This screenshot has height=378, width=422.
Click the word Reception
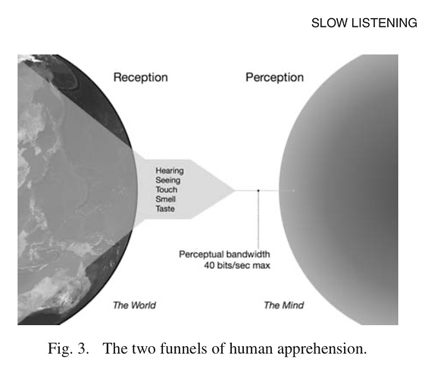140,77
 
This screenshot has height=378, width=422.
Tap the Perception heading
274,77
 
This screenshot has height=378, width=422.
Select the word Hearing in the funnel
170,171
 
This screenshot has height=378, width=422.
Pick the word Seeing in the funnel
168,180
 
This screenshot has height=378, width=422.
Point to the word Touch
167,189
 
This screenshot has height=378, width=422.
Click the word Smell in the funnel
165,199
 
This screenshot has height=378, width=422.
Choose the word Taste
165,208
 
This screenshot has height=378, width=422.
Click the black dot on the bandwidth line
258,190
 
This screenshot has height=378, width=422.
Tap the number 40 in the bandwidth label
209,266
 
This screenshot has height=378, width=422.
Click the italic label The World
134,305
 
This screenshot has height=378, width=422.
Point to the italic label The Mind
284,305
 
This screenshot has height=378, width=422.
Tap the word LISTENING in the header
384,23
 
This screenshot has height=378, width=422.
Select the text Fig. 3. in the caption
68,348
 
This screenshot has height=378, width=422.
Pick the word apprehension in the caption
322,349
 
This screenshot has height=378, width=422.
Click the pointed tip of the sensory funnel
235,190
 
